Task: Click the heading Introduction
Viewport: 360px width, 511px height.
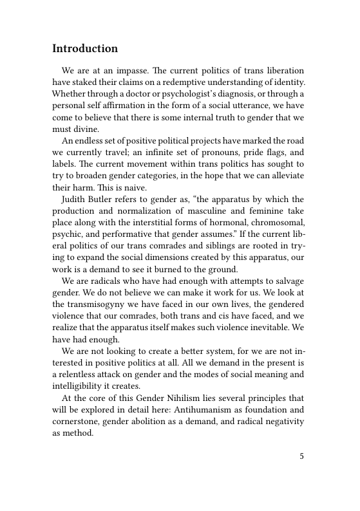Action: point(85,49)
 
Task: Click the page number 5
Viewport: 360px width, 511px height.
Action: point(301,457)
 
